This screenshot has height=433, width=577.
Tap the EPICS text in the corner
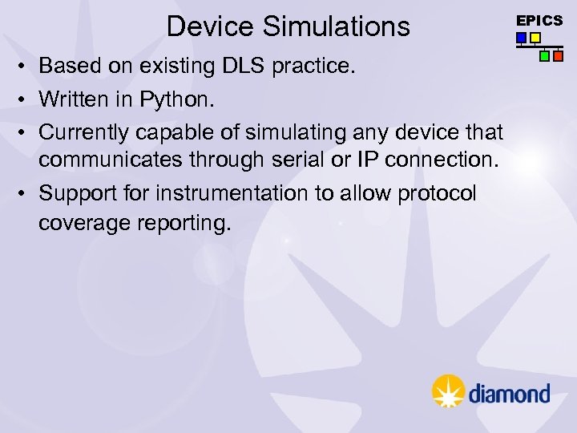[x=539, y=21]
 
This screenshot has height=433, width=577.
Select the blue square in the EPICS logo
[x=521, y=37]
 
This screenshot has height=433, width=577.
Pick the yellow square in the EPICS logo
[x=535, y=37]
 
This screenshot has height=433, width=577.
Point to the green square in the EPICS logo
[x=545, y=56]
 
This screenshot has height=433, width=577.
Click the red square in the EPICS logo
[x=559, y=56]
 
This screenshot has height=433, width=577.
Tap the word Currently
[x=81, y=131]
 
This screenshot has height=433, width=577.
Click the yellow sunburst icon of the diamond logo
[x=448, y=391]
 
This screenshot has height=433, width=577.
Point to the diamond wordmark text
[x=509, y=393]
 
